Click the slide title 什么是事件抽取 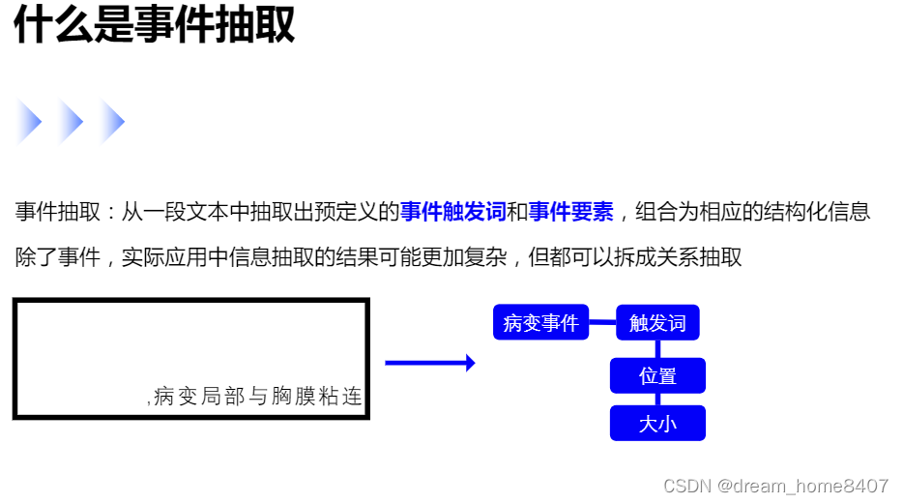154,25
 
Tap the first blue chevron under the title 29,123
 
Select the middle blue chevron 72,123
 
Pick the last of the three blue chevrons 113,123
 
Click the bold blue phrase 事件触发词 452,212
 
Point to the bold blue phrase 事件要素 570,212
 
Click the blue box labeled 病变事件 540,322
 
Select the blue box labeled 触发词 657,322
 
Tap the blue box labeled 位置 657,375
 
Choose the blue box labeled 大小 657,423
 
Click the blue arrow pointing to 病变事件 429,363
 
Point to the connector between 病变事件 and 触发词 602,322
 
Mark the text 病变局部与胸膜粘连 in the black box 257,397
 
